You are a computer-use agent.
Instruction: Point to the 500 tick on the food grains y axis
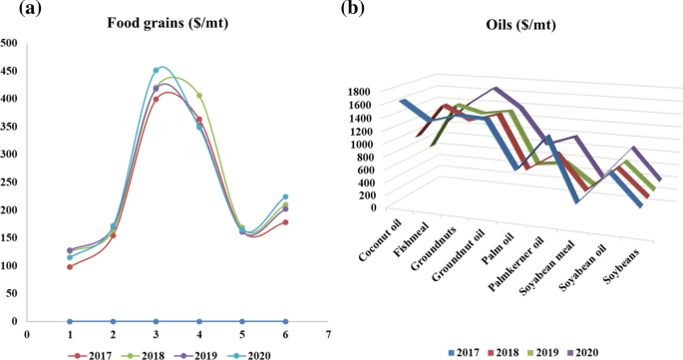coord(9,43)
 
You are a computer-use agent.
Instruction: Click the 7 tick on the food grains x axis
coord(327,335)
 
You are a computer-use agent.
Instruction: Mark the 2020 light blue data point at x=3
coord(156,71)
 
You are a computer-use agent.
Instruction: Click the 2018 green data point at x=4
coord(198,97)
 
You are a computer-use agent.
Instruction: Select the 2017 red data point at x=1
coord(70,266)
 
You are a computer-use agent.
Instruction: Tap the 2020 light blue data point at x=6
coord(284,197)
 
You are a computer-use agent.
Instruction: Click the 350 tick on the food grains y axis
coord(9,127)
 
